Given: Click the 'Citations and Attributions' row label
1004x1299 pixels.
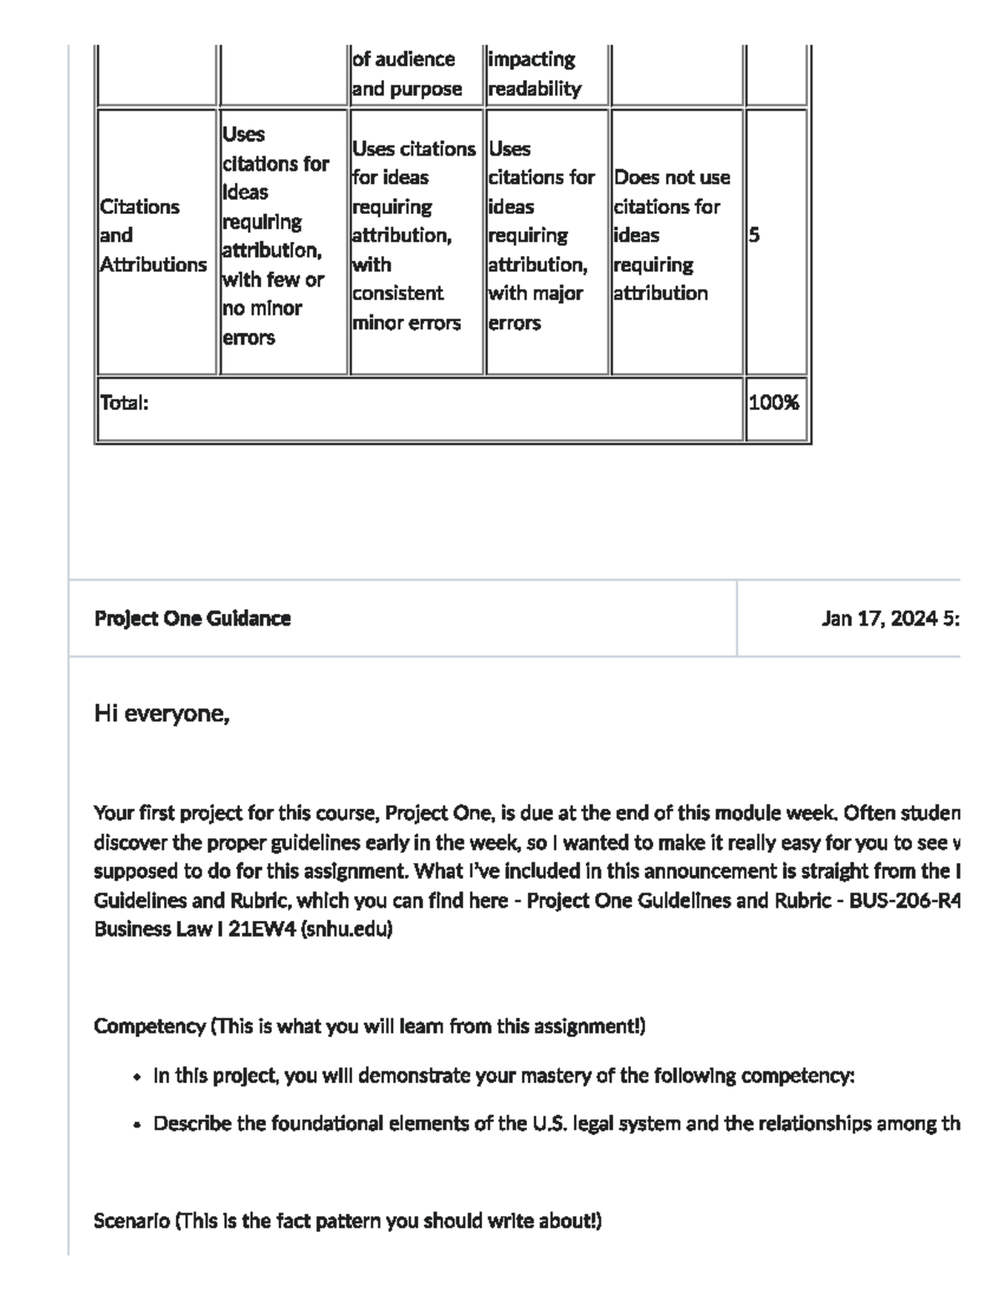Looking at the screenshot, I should coord(152,235).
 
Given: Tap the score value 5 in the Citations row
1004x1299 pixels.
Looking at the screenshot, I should coord(754,235).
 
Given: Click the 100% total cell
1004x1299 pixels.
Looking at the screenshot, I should coord(774,403).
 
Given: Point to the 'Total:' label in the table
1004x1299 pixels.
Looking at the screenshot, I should coord(124,403).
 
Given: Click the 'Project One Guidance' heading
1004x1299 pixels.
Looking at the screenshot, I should coord(192,619).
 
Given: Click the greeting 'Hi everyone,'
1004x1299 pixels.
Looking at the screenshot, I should coord(161,714).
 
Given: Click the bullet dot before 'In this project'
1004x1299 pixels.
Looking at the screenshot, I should coord(136,1077).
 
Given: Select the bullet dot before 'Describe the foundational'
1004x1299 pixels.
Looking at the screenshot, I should coord(136,1125).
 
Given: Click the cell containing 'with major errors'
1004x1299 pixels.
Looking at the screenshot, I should coord(540,235).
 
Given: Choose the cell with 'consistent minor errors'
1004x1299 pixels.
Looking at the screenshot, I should coord(413,235).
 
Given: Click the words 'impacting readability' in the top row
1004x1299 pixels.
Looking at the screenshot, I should coord(534,74).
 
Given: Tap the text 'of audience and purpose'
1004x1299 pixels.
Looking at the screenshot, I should coord(407,74).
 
